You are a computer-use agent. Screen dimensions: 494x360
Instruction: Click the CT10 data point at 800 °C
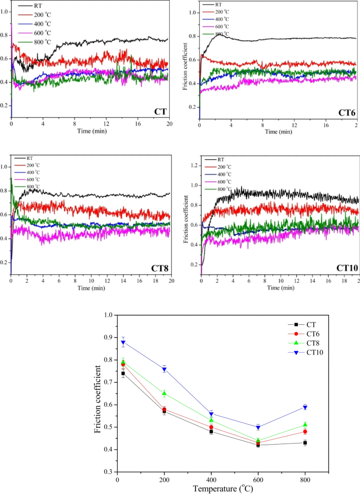coord(305,407)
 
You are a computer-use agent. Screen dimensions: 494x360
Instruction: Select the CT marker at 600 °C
coord(258,445)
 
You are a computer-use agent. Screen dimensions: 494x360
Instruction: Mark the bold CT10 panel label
coord(347,268)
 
